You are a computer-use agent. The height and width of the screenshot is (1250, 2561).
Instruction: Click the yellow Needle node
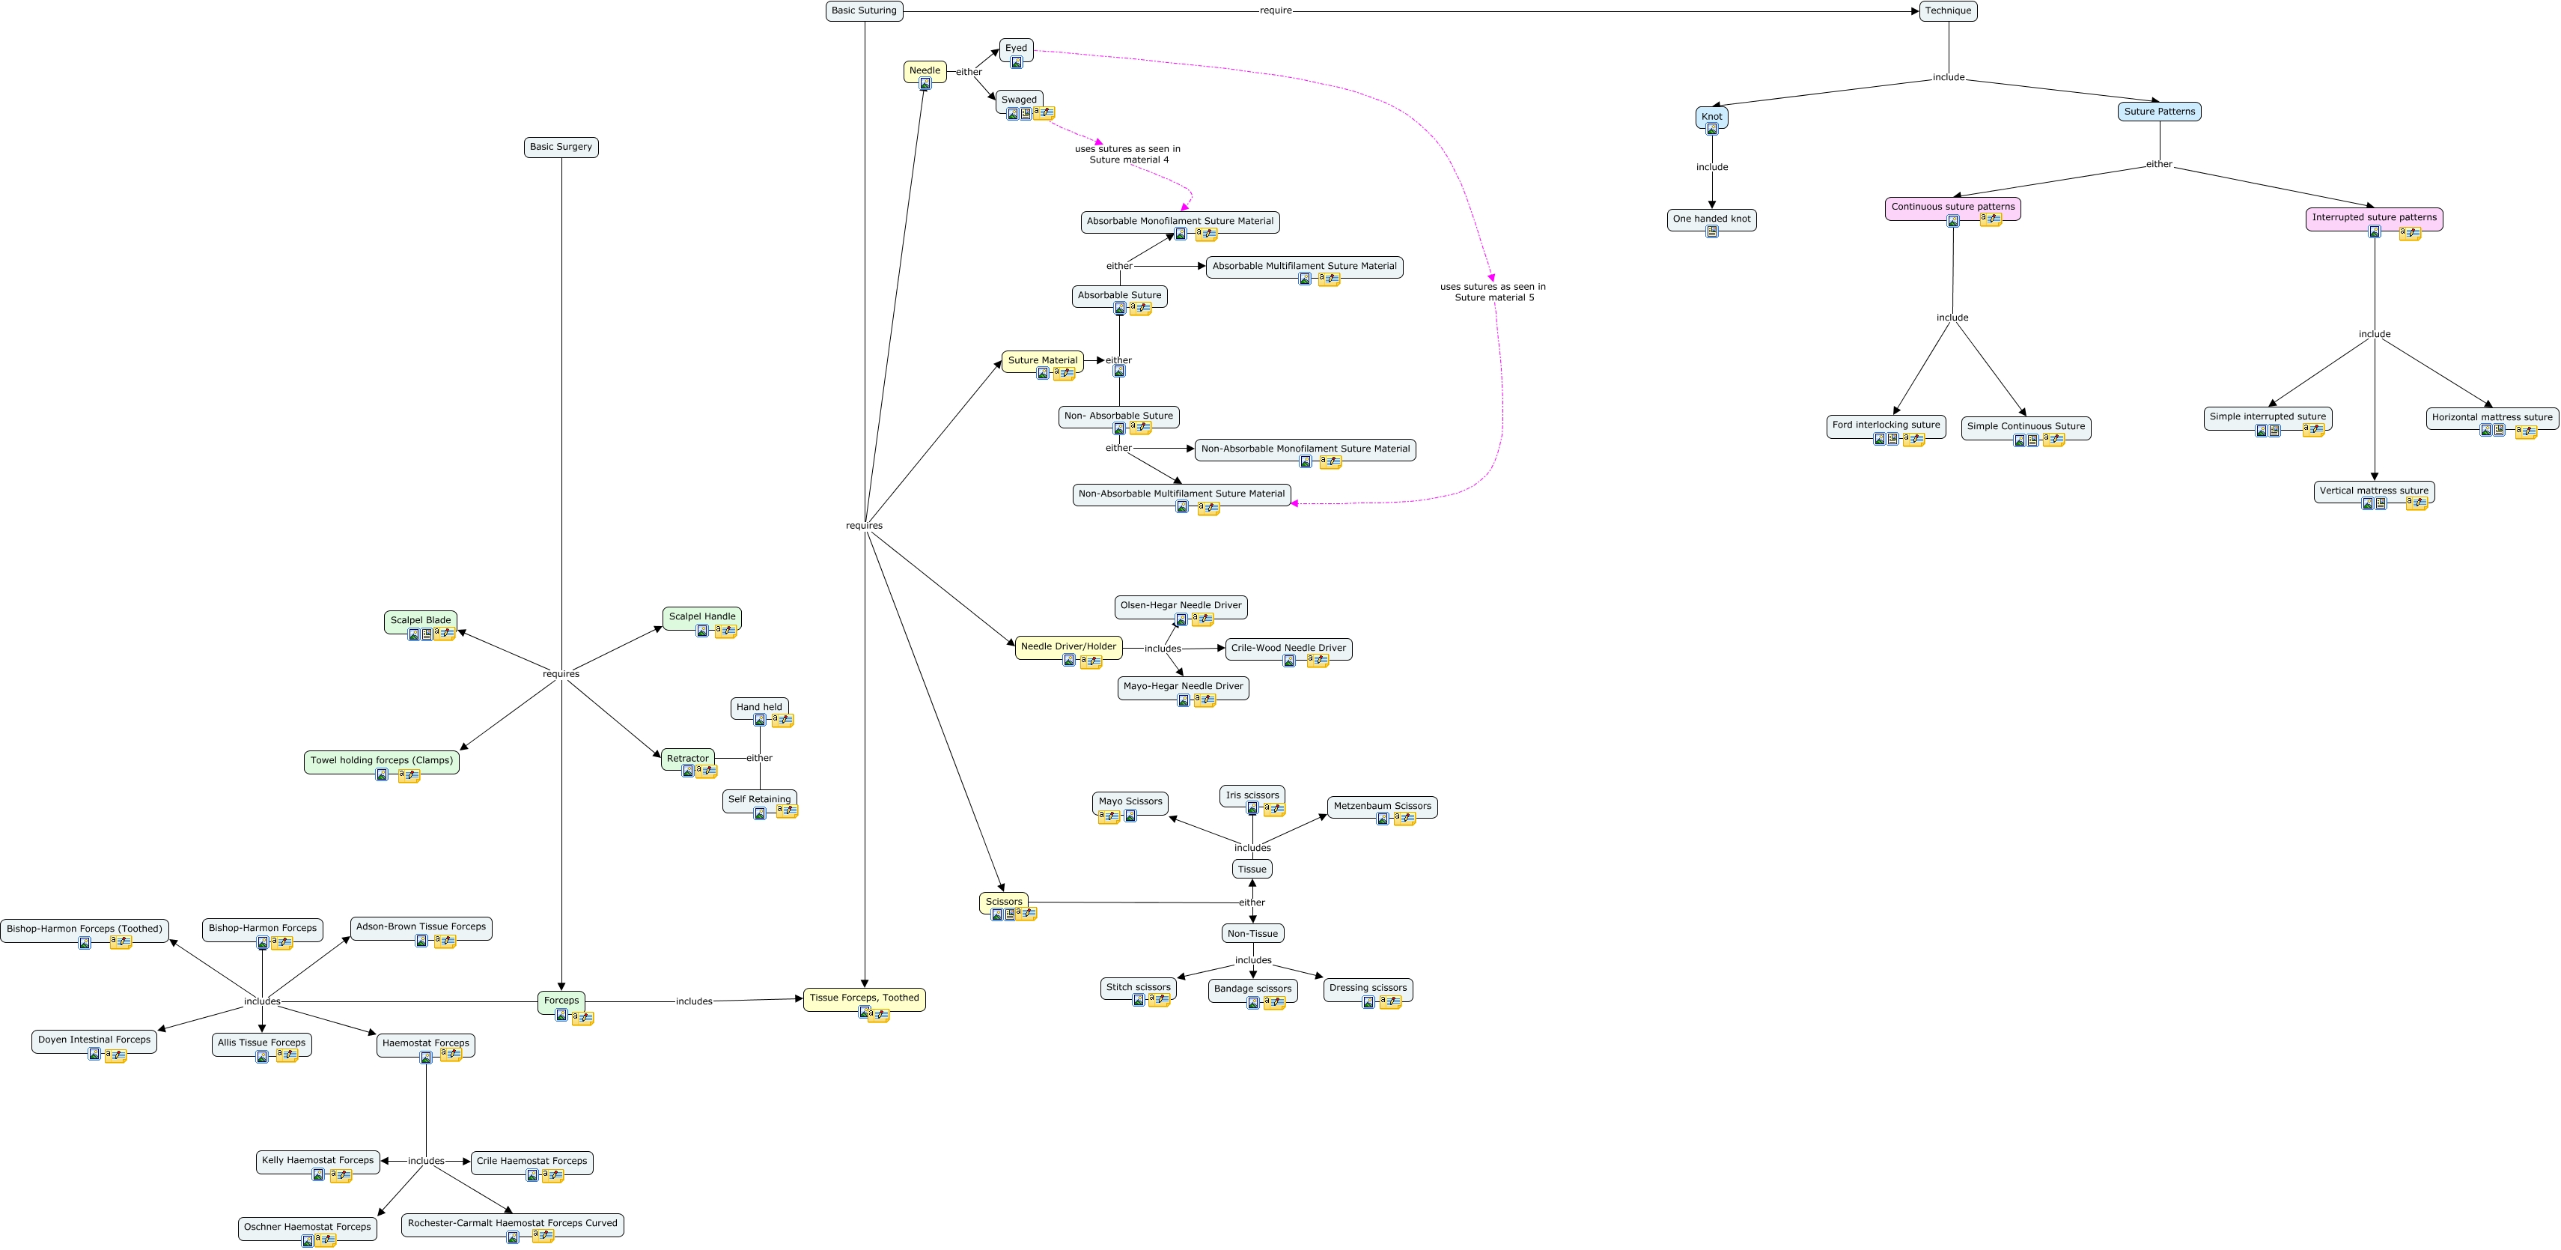tap(925, 70)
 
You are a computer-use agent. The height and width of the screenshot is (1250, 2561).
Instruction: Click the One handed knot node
tap(1711, 219)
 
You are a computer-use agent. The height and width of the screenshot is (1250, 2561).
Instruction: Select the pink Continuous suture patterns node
tap(1952, 207)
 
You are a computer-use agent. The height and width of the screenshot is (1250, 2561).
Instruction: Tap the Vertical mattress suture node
tap(2373, 491)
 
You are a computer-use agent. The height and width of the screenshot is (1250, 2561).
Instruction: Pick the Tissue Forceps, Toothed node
tap(864, 998)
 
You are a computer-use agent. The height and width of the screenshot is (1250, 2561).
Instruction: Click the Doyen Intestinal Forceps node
tap(94, 1040)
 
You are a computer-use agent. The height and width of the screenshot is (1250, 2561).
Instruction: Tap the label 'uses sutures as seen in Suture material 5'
tap(1492, 292)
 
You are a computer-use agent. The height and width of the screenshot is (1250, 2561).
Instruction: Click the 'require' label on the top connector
tap(1276, 11)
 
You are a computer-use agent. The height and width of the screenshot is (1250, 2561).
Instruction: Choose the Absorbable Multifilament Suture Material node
tap(1303, 267)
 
